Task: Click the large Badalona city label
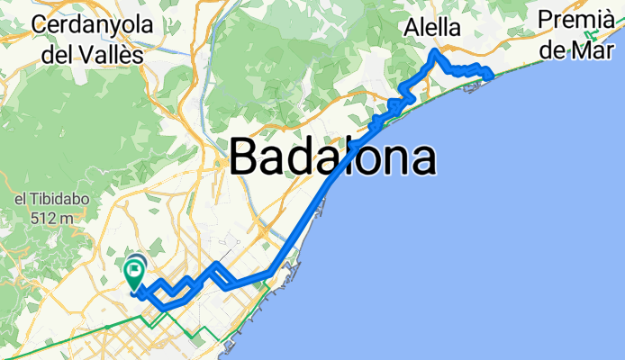coord(333,158)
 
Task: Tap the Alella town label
coord(430,28)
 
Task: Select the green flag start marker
coord(136,269)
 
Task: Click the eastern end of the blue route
coord(491,76)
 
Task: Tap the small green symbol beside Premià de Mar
coord(592,36)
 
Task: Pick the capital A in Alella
coord(408,28)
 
